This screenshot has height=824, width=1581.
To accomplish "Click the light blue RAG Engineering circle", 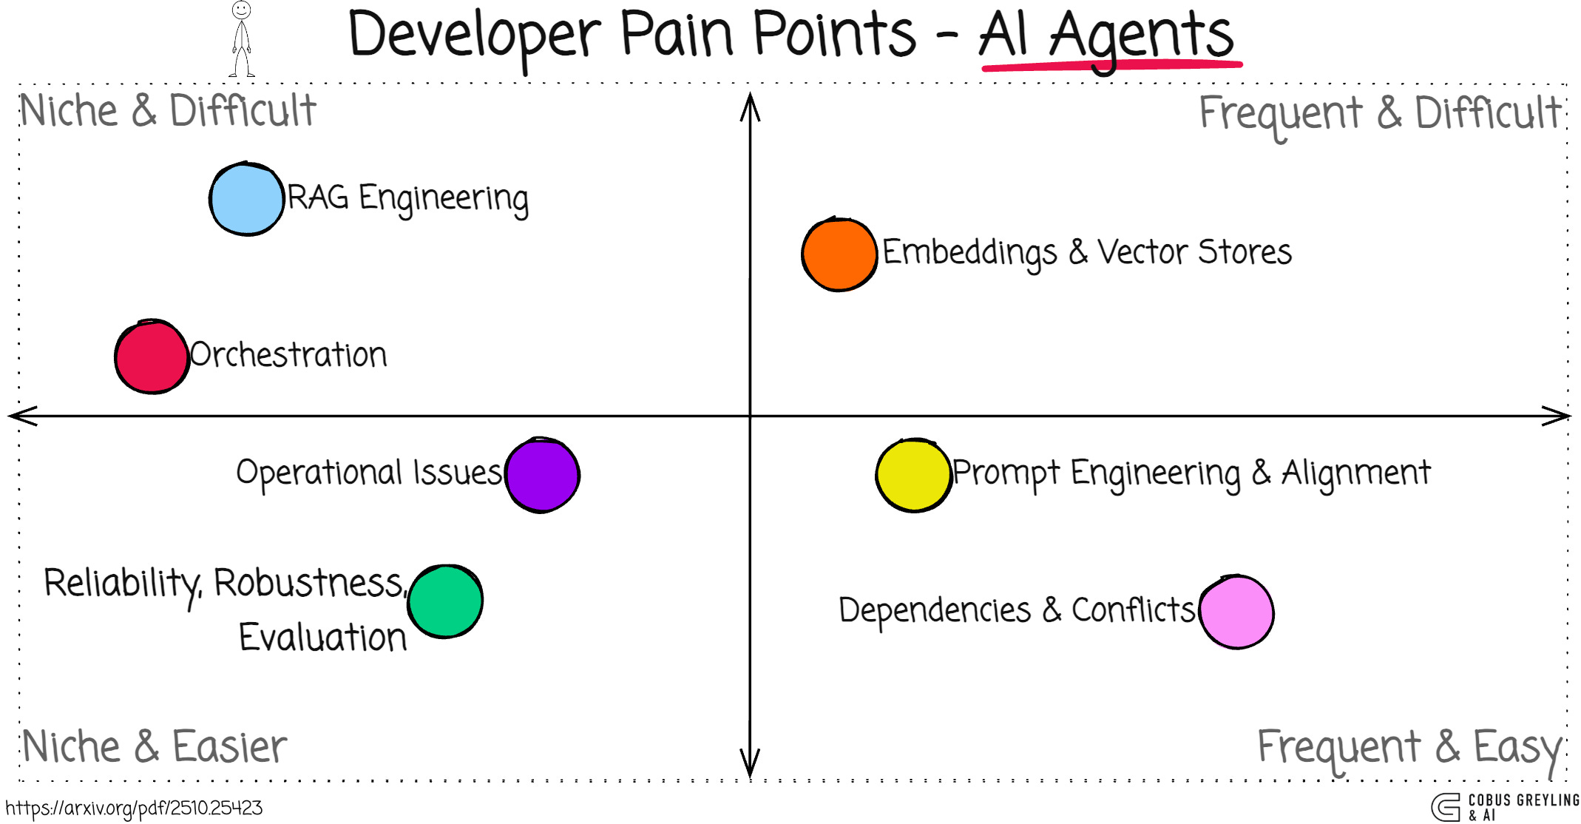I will pos(246,199).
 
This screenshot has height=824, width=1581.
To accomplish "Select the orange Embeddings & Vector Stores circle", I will pos(839,254).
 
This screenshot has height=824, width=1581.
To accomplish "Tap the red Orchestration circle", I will pos(152,357).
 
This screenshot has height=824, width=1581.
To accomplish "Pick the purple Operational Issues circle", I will pos(543,475).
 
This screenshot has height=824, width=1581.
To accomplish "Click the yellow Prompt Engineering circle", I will pos(913,475).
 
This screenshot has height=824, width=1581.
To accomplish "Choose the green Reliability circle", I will pos(445,601).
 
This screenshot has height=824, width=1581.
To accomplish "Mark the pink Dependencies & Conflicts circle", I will pos(1236,612).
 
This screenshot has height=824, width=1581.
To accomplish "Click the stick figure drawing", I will pos(241,40).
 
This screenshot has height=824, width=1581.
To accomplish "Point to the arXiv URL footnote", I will pos(134,808).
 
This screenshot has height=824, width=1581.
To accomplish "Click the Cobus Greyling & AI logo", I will pos(1504,807).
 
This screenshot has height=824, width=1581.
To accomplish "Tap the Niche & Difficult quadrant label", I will pos(168,111).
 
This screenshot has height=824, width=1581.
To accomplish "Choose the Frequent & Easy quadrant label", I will pos(1409,747).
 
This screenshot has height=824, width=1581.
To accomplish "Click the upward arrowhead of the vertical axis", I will pos(750,104).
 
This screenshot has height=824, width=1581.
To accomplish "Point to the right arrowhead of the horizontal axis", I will pos(1559,416).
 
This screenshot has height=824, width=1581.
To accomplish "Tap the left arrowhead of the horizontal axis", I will pos(21,416).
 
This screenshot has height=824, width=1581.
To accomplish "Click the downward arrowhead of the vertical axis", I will pos(750,766).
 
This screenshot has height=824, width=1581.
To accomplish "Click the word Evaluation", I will pos(322,638).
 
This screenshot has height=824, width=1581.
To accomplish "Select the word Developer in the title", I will pos(474,36).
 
